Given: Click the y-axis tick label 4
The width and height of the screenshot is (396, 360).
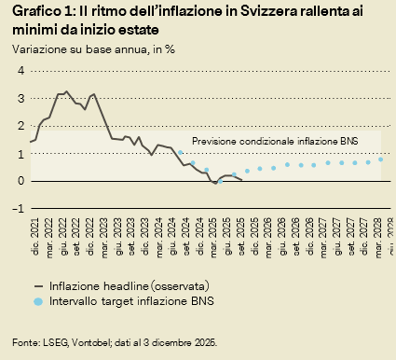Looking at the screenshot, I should (19, 71).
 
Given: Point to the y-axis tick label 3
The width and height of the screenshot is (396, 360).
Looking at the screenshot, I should (19, 98).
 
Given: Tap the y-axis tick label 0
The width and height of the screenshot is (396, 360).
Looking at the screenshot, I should (19, 181).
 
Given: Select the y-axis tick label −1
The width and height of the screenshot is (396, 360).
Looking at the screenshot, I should (17, 209).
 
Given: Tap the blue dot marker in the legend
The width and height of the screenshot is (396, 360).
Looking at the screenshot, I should (37, 301).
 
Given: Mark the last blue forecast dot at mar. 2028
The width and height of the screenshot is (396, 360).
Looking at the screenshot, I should (380, 159).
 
